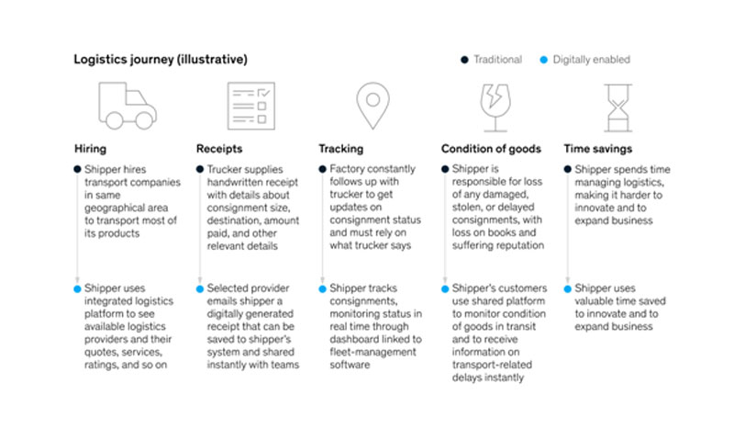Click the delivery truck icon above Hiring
point(128,106)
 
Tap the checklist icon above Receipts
point(250,106)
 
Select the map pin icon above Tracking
point(373,106)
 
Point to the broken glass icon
point(495,107)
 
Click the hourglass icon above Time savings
point(617,107)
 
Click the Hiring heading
point(90,149)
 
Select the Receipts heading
point(219,149)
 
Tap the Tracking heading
point(340,149)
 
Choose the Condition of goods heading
point(491,149)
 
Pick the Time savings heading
point(598,149)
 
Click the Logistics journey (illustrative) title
point(161,60)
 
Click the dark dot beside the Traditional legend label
point(464,60)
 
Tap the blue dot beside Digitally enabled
point(543,60)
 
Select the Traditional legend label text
point(497,60)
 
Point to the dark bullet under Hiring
point(77,169)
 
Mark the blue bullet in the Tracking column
point(322,289)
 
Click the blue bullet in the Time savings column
point(567,289)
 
